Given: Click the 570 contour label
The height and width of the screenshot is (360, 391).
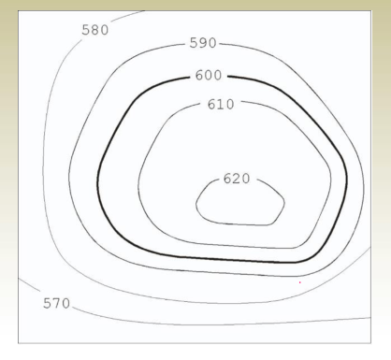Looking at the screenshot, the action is click(x=56, y=303).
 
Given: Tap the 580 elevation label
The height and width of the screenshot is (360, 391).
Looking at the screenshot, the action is click(x=95, y=30).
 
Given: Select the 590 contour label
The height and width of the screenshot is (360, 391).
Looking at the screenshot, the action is click(x=203, y=43).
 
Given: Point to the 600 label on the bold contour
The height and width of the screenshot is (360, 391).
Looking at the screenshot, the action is click(x=209, y=75).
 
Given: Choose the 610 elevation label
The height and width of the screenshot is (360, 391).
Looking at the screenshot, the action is click(x=221, y=104).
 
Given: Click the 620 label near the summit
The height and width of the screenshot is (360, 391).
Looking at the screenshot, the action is click(x=237, y=179).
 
